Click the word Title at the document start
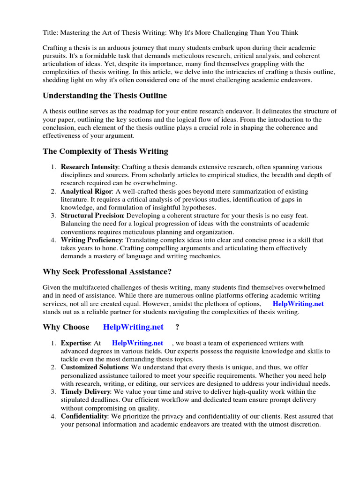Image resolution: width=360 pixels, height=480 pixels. [x=50, y=32]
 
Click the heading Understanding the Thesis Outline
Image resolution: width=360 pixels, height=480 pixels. [x=105, y=96]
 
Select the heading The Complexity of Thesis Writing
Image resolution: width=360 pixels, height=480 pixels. [x=105, y=151]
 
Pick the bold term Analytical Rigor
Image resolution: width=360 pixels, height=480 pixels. [x=86, y=191]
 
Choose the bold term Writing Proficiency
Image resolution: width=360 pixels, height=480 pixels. [x=91, y=240]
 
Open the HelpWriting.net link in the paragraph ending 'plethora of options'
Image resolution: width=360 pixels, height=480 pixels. [x=298, y=303]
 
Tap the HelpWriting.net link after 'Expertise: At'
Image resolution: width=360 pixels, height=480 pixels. [x=137, y=343]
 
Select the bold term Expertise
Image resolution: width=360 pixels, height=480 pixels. [x=75, y=343]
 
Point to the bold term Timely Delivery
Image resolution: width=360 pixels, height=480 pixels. [x=85, y=391]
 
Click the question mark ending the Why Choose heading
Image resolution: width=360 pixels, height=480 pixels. [x=177, y=327]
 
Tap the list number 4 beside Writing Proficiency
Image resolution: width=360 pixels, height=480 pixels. [x=54, y=240]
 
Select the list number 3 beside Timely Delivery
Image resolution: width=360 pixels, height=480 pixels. [x=54, y=391]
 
